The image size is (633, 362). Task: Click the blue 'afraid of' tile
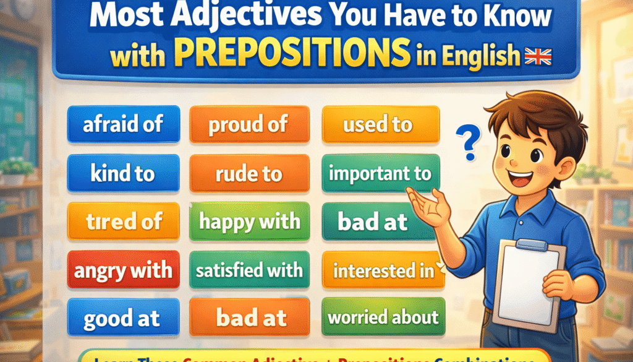[123, 124]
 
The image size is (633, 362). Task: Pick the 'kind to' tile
[123, 173]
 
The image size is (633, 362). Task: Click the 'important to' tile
[380, 173]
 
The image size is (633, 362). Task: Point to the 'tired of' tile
[123, 221]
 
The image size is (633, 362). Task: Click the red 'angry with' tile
[123, 270]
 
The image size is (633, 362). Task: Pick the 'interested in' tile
[384, 270]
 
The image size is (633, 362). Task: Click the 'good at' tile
[123, 318]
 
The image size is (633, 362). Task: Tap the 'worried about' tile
[383, 318]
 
